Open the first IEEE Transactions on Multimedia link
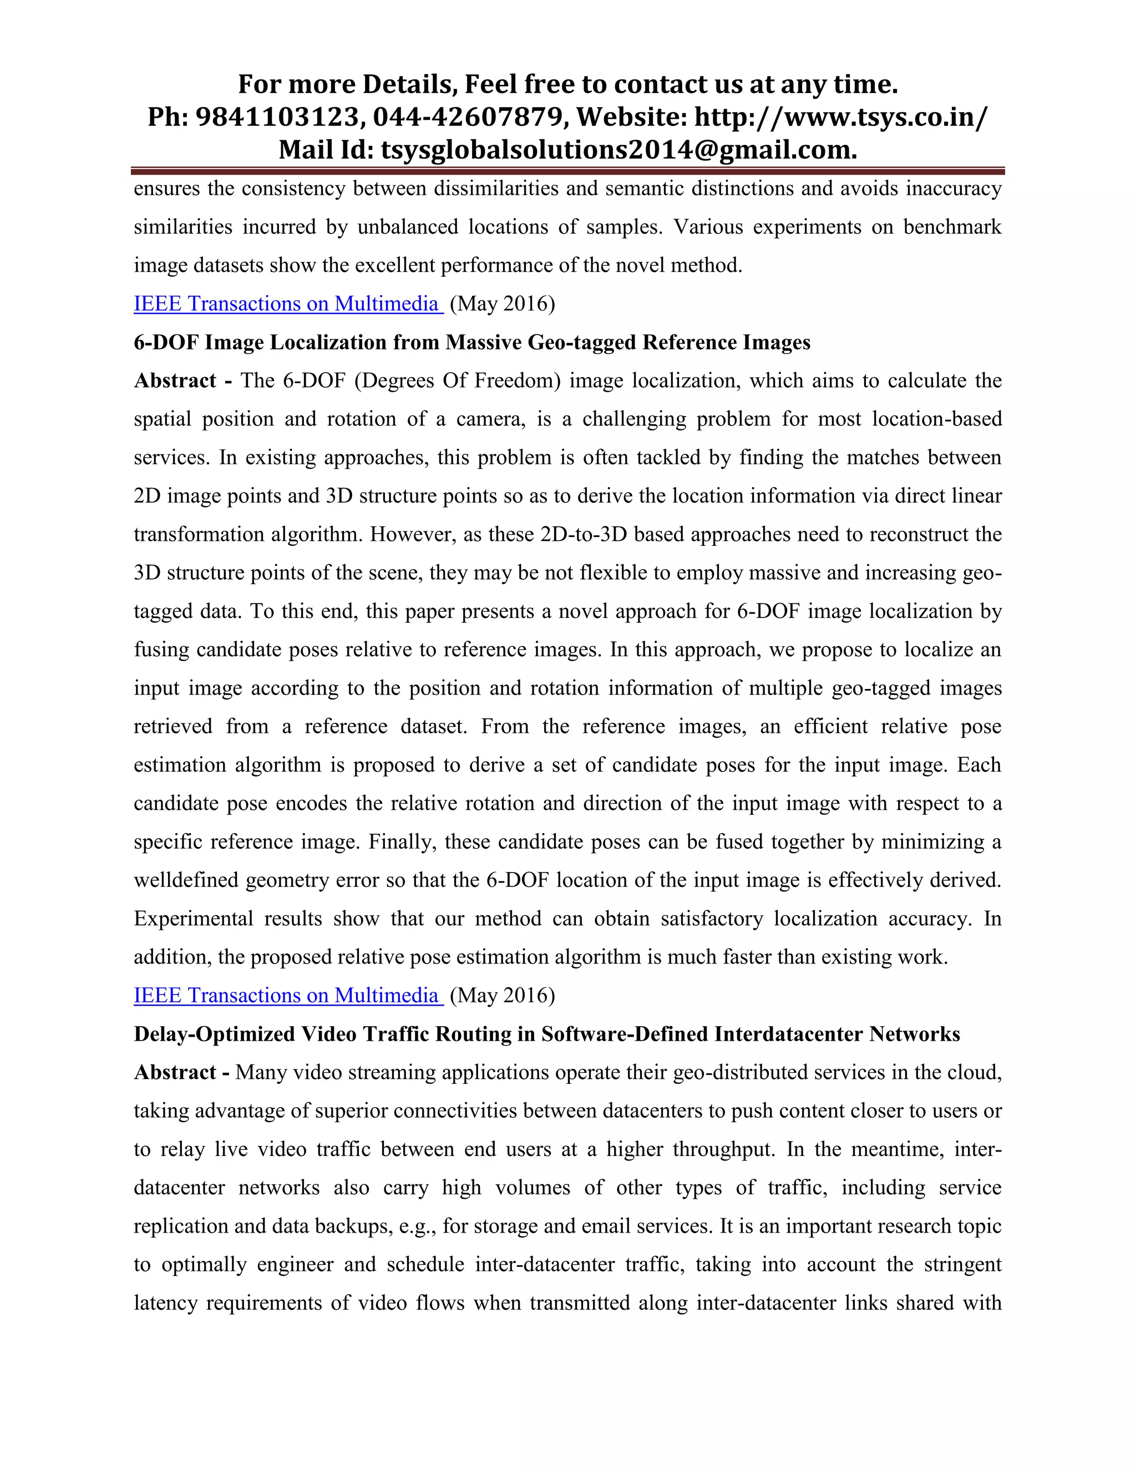[x=287, y=303]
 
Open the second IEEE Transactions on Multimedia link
[x=287, y=996]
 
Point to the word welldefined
[x=186, y=880]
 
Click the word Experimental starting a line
[x=193, y=919]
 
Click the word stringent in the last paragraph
[x=962, y=1265]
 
